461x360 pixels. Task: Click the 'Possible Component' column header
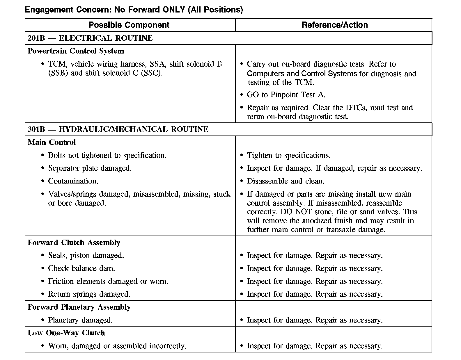(x=129, y=25)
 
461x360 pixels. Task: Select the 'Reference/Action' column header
(x=334, y=25)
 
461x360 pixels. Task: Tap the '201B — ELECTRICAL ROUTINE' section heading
(x=90, y=38)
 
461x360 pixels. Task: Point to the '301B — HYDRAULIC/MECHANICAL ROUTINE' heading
(x=118, y=129)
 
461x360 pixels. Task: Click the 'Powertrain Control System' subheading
(x=76, y=51)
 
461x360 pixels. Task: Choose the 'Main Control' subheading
(x=52, y=142)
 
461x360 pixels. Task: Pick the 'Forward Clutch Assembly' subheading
(x=74, y=243)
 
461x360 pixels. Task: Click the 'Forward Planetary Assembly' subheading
(x=79, y=307)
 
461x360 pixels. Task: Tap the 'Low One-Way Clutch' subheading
(x=66, y=333)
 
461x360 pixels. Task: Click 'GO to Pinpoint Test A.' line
(x=286, y=95)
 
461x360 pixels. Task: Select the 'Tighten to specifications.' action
(x=289, y=156)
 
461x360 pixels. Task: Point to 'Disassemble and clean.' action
(x=286, y=181)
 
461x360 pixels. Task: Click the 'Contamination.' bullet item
(x=73, y=181)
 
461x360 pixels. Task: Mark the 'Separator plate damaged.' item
(x=90, y=168)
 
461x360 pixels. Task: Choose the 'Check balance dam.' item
(x=81, y=268)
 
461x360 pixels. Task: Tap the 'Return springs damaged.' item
(x=89, y=294)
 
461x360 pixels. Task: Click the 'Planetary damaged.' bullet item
(x=80, y=320)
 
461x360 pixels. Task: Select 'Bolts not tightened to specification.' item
(x=107, y=156)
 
